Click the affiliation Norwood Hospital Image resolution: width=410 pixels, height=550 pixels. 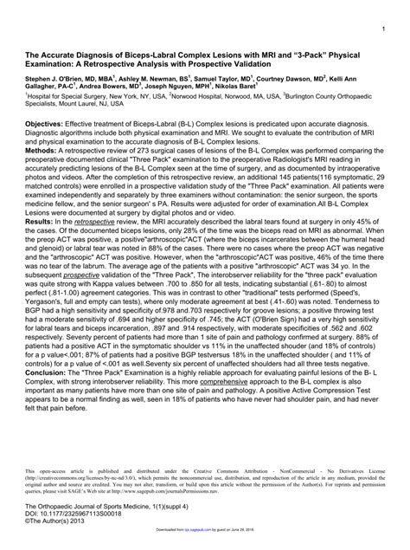(191, 98)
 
